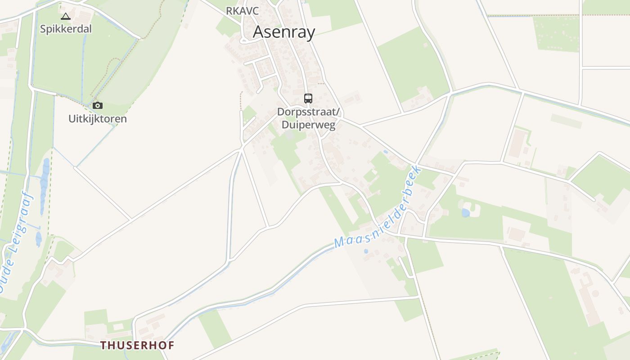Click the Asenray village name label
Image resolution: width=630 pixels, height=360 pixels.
pos(284,32)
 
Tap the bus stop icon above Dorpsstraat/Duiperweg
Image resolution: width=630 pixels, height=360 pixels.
pos(308,98)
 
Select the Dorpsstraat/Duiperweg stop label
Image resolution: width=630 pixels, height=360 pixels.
pos(309,118)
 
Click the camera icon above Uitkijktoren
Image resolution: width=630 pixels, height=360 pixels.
pos(98,105)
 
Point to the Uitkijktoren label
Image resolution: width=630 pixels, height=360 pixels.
pos(98,119)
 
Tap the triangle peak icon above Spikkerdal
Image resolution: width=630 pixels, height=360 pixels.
pos(66,17)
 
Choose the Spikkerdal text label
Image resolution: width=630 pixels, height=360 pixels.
pos(66,29)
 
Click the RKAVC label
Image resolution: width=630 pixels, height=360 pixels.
pos(243,11)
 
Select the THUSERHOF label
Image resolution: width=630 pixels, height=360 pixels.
pos(137,345)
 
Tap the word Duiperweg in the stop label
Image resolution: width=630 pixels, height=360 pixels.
pos(309,125)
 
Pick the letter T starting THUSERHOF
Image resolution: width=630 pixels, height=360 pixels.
pos(103,345)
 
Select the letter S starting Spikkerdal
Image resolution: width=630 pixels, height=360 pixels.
pos(43,29)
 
